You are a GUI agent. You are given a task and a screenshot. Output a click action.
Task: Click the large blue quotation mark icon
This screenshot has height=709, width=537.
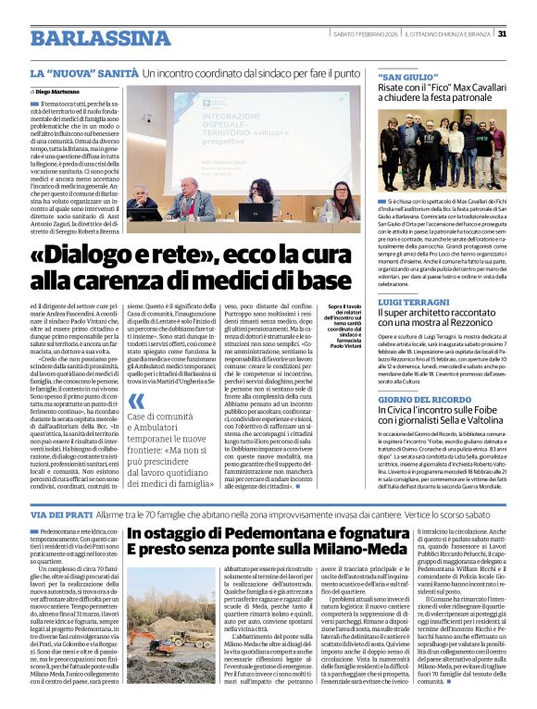(x=136, y=400)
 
